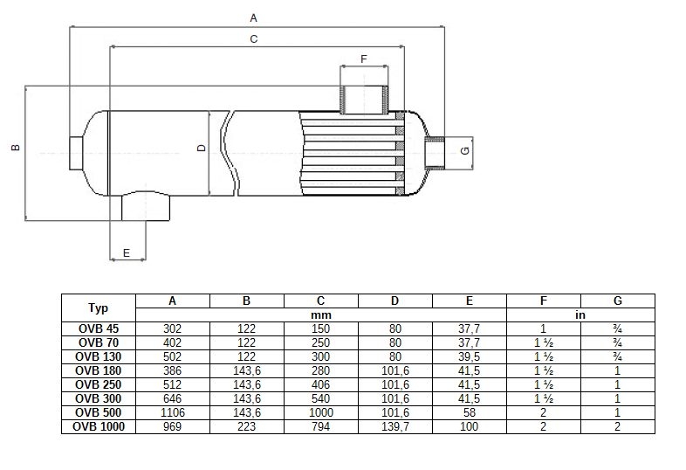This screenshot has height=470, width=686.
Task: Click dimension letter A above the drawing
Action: [253, 18]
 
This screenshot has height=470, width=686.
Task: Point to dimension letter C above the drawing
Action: [254, 39]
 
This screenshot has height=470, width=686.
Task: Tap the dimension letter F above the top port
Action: [364, 59]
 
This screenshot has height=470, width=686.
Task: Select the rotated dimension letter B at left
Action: [16, 148]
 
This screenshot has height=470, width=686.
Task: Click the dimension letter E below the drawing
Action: [127, 252]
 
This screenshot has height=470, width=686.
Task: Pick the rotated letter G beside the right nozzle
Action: [465, 150]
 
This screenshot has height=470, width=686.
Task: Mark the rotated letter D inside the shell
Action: [202, 148]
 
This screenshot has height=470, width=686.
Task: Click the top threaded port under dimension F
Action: [364, 100]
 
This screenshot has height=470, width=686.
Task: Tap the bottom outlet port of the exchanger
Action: [146, 207]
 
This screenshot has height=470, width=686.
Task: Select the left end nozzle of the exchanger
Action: [76, 153]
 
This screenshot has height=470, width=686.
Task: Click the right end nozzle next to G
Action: [434, 153]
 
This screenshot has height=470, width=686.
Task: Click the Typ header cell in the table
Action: [98, 308]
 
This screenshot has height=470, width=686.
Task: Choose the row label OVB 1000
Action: [99, 426]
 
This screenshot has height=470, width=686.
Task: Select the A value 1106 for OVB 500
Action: [173, 412]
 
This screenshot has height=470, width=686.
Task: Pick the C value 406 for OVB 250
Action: [320, 384]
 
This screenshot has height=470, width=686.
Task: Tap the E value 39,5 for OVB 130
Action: [469, 356]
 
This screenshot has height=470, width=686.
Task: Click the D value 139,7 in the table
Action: [395, 426]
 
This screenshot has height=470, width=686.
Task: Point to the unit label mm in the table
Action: [320, 315]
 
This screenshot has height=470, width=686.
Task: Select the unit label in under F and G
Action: [580, 315]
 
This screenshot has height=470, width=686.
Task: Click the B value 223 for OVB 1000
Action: [247, 426]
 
